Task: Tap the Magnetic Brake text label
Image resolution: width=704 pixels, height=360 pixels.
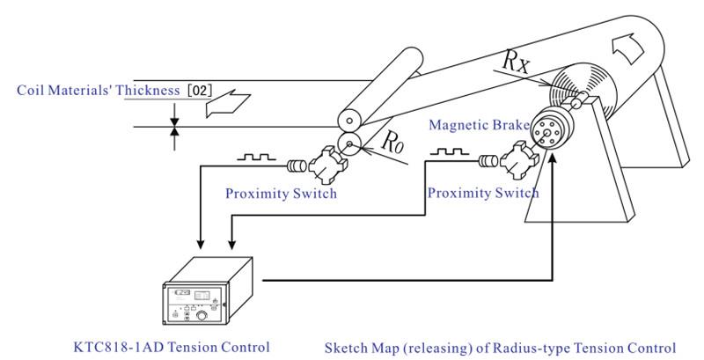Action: tap(479, 125)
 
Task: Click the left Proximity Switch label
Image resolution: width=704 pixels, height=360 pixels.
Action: tap(281, 194)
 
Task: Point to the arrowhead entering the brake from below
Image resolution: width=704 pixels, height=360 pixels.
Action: tap(554, 161)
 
